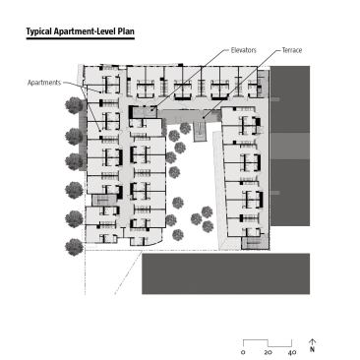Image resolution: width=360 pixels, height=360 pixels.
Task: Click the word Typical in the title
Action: [39, 31]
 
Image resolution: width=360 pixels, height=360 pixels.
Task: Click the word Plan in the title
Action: [126, 31]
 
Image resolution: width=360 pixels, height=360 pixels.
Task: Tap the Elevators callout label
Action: [243, 50]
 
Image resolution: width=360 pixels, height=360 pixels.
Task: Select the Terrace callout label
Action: [292, 50]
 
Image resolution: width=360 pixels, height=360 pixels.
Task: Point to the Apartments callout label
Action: [44, 83]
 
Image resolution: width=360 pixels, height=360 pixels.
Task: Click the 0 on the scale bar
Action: [243, 352]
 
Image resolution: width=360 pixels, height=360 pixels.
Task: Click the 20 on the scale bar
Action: [268, 352]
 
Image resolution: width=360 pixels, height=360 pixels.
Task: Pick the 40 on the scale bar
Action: [292, 352]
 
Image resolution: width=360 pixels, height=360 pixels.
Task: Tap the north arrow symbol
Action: [312, 342]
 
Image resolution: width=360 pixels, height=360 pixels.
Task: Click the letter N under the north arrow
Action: [312, 349]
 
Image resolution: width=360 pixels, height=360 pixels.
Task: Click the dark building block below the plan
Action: [225, 273]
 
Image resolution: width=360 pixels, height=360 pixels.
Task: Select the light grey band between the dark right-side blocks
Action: [290, 146]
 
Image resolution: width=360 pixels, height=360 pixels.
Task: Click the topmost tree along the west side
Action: [74, 105]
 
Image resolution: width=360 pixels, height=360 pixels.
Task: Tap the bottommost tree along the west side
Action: [74, 247]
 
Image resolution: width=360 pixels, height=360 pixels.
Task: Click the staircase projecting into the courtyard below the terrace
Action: [200, 131]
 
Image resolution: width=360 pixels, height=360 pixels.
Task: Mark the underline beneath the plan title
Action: [81, 38]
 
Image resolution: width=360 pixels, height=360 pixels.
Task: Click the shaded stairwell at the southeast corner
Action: [255, 243]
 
